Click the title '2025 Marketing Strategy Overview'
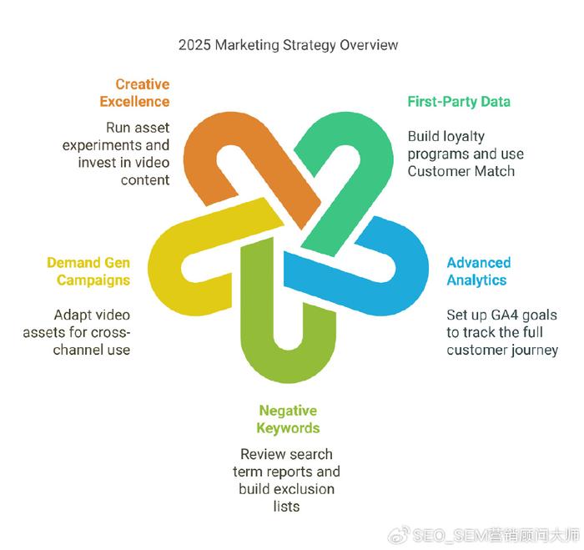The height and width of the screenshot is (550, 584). (x=289, y=45)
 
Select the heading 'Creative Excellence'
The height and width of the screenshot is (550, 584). (x=134, y=93)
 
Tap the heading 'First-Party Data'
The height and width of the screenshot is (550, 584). (x=459, y=102)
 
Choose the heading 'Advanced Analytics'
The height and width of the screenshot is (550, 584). (x=479, y=271)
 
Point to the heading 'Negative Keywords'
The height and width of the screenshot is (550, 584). (x=288, y=419)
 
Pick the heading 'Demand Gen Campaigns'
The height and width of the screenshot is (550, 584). (x=88, y=271)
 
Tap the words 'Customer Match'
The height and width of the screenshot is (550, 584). (x=461, y=171)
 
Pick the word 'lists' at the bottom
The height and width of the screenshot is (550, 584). (x=286, y=507)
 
